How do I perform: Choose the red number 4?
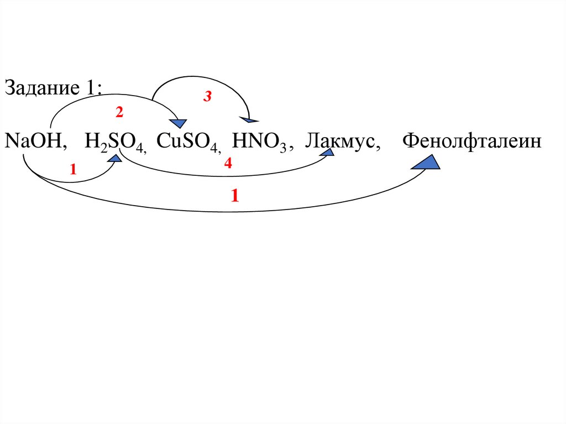(x=228, y=164)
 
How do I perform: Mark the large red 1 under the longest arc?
(x=235, y=196)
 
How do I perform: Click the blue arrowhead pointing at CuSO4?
(x=179, y=123)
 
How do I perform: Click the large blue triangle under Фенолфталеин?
(x=426, y=162)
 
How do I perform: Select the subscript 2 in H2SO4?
(x=102, y=146)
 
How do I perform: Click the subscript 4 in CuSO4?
(x=216, y=146)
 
